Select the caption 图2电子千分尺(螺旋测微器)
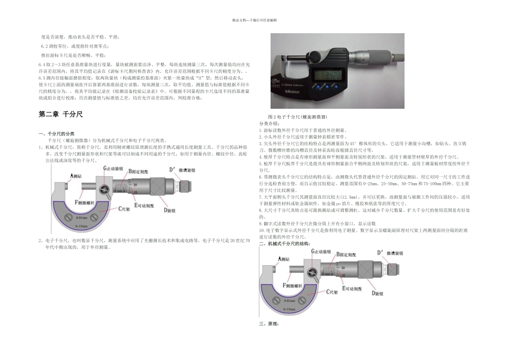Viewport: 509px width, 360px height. click(x=297, y=116)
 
